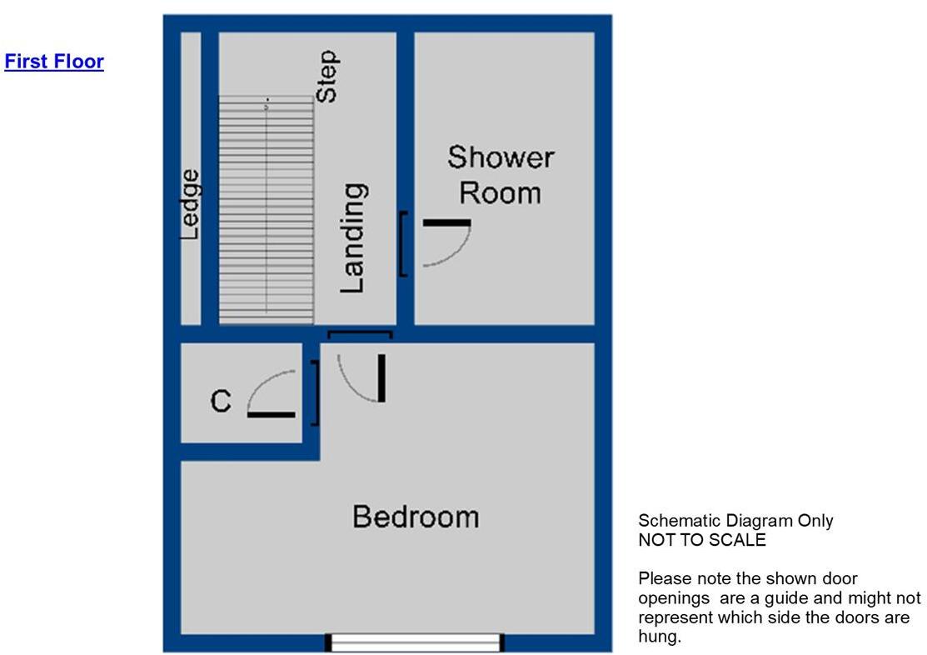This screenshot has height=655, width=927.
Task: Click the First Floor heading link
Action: pos(54,62)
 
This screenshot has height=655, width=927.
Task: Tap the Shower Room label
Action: pos(501,174)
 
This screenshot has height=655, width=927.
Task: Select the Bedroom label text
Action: pos(416,517)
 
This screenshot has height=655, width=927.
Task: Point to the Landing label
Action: pos(353,238)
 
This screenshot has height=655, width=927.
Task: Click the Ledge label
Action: pos(191,205)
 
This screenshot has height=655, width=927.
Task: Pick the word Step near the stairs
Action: pos(327,76)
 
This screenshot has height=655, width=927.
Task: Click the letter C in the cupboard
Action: pos(220,402)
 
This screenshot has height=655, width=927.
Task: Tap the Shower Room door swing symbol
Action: pos(445,243)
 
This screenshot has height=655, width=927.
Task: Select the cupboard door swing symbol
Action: pos(272,394)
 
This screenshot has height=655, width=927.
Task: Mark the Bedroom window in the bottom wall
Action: pos(415,642)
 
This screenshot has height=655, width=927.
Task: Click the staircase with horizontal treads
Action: pos(267,208)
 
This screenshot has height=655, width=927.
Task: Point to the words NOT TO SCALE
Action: pos(702,539)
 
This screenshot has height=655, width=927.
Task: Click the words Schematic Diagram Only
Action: pos(735,521)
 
